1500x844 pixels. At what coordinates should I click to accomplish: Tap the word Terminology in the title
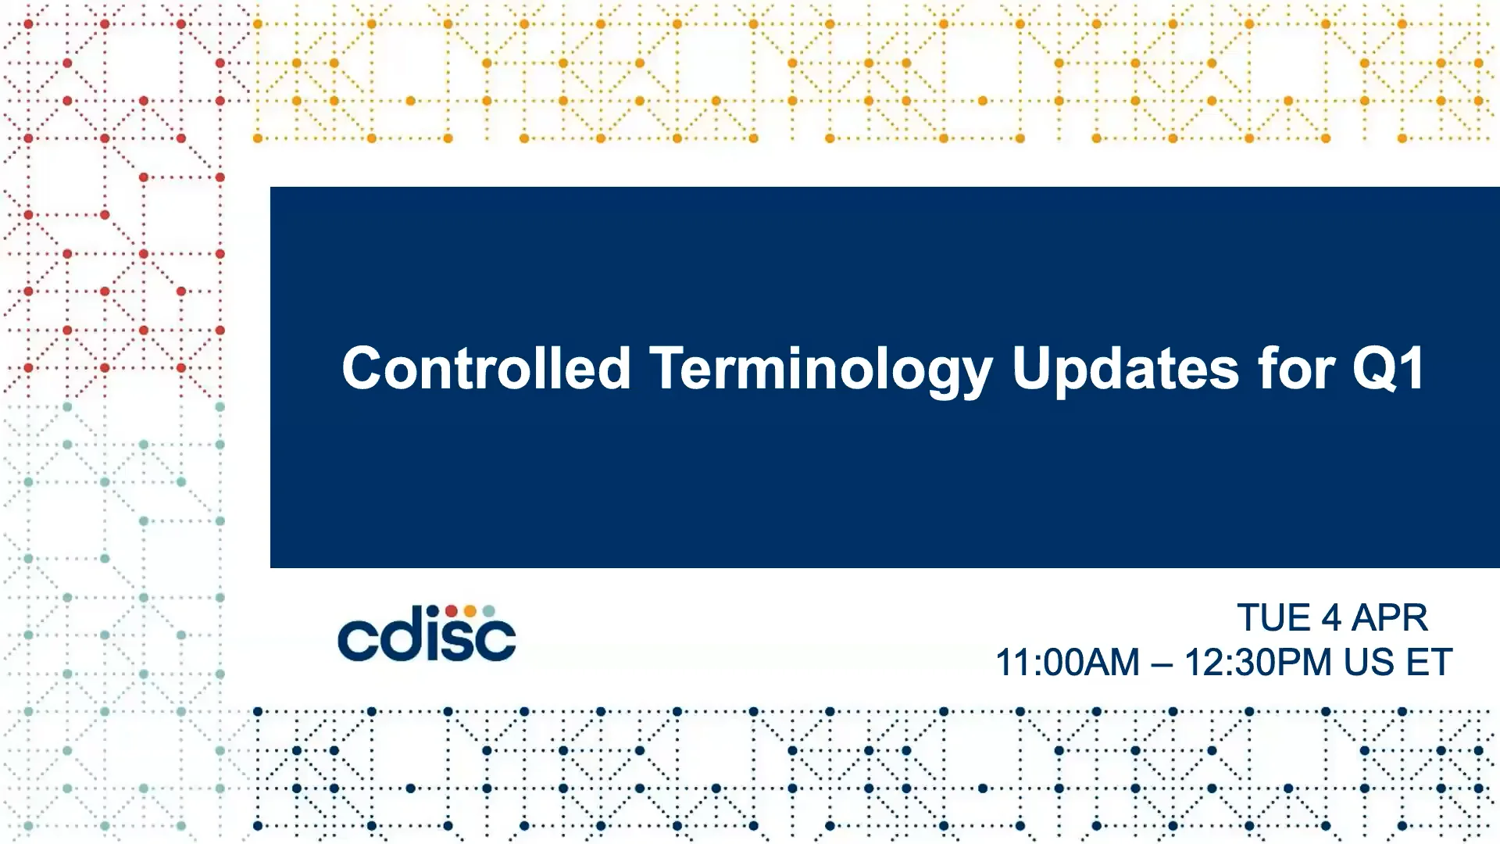821,372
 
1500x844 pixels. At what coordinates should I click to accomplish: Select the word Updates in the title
1125,372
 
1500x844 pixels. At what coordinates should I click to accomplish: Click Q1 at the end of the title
1388,369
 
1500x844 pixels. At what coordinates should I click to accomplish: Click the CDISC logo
427,633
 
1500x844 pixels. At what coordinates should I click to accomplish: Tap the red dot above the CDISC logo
452,611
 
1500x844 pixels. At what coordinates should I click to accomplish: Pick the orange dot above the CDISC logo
470,611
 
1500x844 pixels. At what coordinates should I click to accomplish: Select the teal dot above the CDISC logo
488,611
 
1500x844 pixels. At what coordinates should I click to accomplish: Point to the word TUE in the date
1273,618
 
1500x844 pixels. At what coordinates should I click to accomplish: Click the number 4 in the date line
1331,618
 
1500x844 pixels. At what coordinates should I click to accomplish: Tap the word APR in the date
1390,618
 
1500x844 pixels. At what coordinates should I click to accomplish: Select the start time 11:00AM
1067,663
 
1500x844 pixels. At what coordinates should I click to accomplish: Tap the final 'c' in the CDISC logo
496,641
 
